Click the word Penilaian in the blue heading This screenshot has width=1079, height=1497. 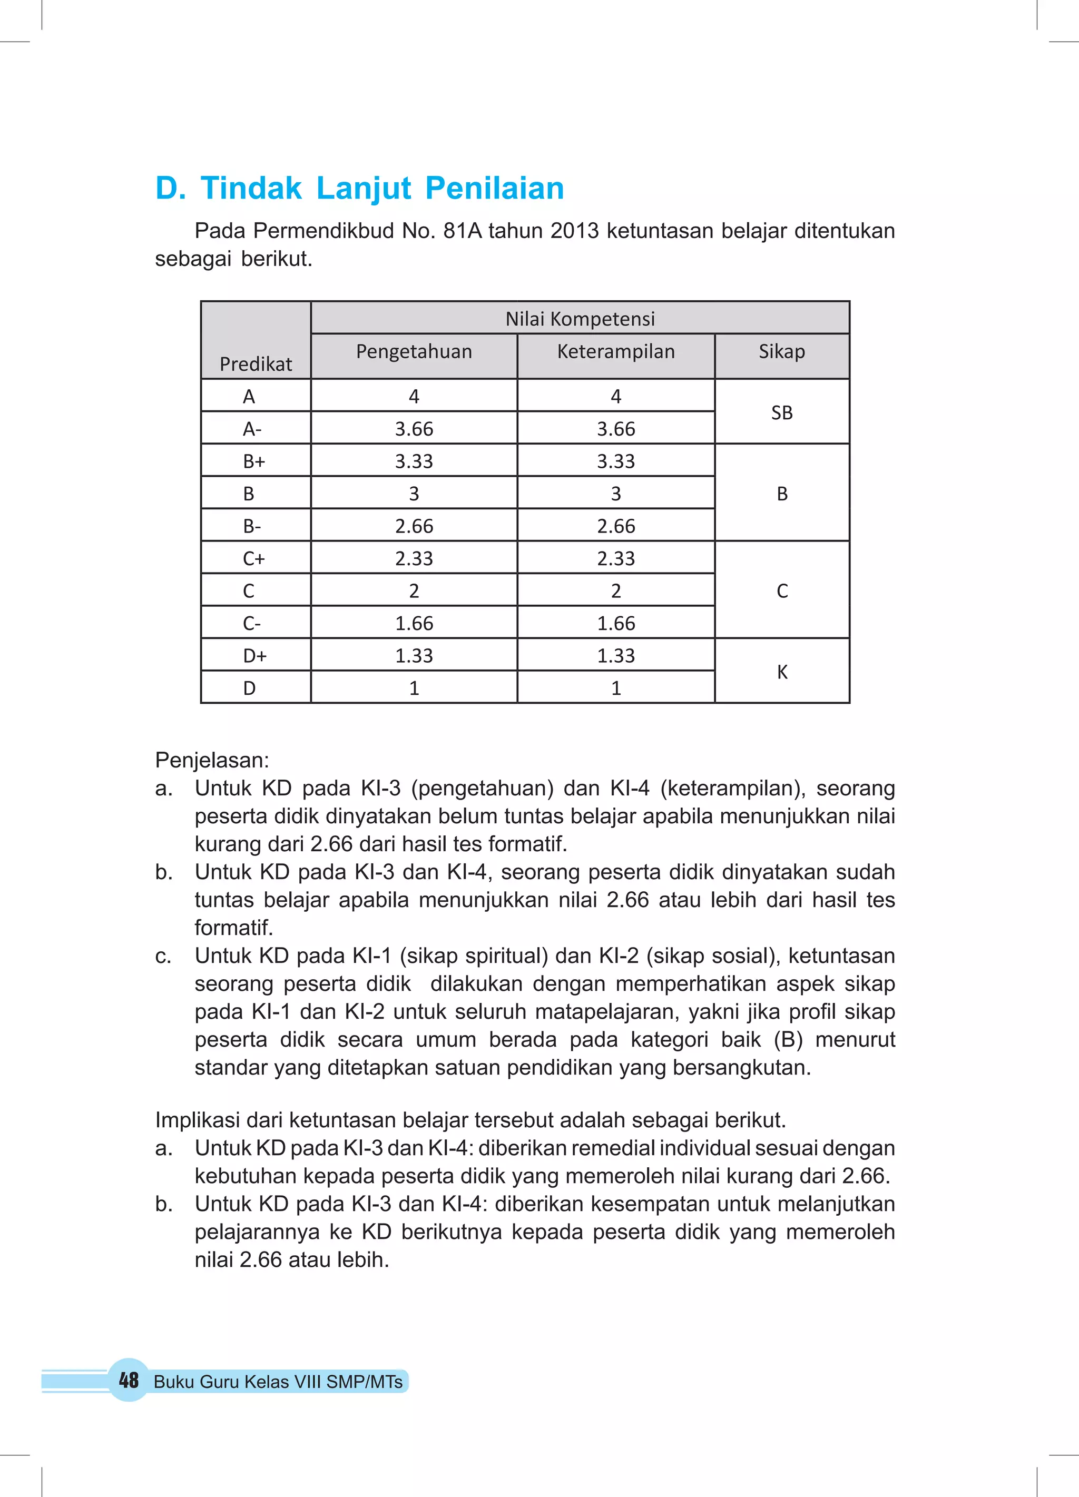tap(495, 188)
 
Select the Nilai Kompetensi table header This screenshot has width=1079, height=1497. tap(580, 319)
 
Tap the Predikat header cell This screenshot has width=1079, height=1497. tap(256, 363)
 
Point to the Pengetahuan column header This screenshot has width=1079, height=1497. tap(414, 351)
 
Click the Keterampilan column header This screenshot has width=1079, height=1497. tap(615, 351)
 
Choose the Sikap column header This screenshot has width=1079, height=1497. tap(782, 351)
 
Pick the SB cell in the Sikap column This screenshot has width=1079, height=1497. tap(782, 412)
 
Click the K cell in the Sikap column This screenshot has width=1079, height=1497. tap(782, 672)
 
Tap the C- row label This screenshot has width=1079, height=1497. tap(252, 623)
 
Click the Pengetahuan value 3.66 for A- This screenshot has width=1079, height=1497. tap(414, 429)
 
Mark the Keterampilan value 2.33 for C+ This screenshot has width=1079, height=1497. tap(615, 558)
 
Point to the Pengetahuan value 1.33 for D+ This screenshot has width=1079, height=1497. tap(414, 655)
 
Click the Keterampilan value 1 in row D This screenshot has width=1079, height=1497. tap(615, 688)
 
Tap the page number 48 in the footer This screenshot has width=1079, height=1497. tap(129, 1380)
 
